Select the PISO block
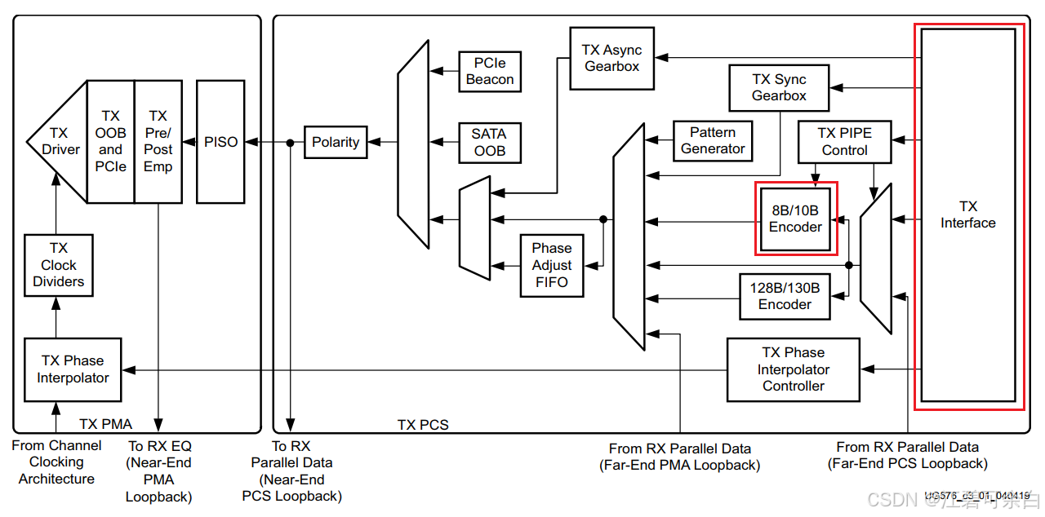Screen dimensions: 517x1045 pyautogui.click(x=220, y=141)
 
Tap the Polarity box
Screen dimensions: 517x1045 pyautogui.click(x=336, y=142)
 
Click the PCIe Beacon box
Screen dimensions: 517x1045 pyautogui.click(x=489, y=71)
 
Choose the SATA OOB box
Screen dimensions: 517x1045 pyautogui.click(x=489, y=142)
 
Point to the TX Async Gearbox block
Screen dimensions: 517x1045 pyautogui.click(x=611, y=58)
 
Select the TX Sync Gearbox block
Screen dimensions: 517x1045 pyautogui.click(x=779, y=87)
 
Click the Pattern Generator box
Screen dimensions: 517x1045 pyautogui.click(x=712, y=140)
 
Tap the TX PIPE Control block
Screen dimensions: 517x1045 pyautogui.click(x=844, y=141)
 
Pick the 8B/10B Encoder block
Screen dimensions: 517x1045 pyautogui.click(x=795, y=219)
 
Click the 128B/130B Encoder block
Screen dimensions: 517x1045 pyautogui.click(x=785, y=295)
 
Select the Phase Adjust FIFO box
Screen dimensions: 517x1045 pyautogui.click(x=552, y=265)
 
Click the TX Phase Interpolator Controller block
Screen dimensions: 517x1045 pyautogui.click(x=793, y=369)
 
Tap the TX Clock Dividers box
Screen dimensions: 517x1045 pyautogui.click(x=58, y=265)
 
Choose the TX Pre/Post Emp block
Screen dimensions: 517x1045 pyautogui.click(x=158, y=141)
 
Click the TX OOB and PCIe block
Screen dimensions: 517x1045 pyautogui.click(x=110, y=141)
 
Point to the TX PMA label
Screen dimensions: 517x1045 pyautogui.click(x=105, y=424)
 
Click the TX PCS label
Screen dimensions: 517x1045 pyautogui.click(x=423, y=425)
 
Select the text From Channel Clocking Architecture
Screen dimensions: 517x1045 pyautogui.click(x=56, y=462)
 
